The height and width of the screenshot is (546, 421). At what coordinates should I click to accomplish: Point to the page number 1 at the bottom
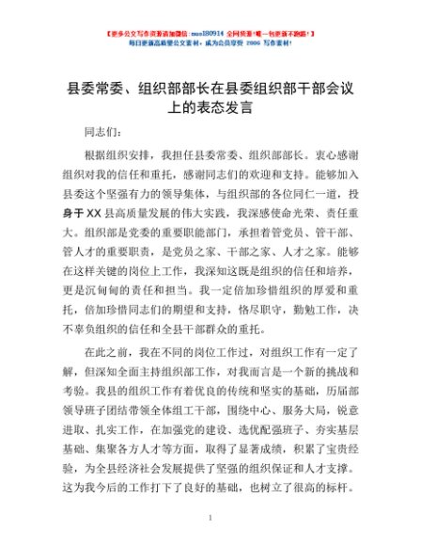[211, 518]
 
